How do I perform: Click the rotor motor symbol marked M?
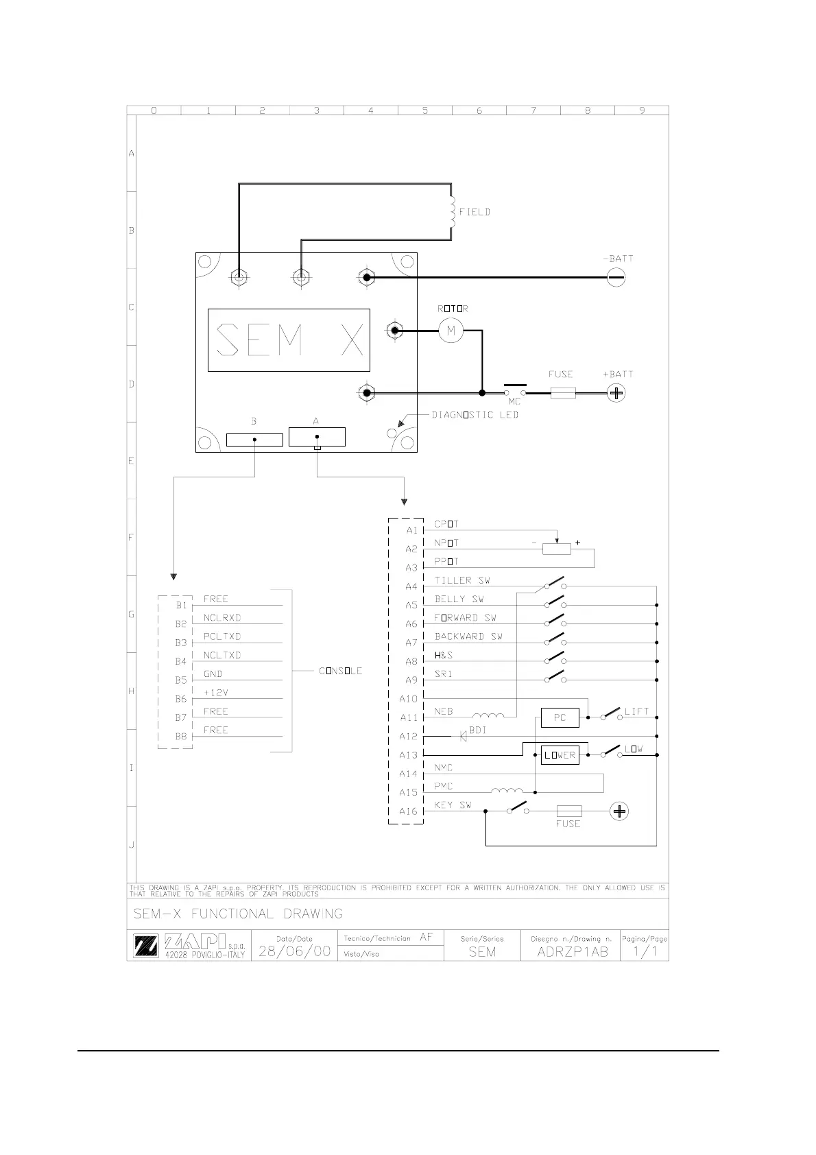(x=451, y=331)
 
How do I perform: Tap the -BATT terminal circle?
(x=616, y=277)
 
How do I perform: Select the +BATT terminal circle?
(x=616, y=393)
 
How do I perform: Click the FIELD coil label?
(x=475, y=212)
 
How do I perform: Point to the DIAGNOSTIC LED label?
(x=475, y=415)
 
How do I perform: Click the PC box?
(x=560, y=717)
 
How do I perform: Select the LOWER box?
(x=560, y=755)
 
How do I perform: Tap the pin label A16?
(x=408, y=811)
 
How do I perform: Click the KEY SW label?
(x=453, y=805)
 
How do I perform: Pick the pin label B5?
(x=180, y=680)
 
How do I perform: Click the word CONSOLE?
(x=340, y=671)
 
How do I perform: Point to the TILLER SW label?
(x=462, y=580)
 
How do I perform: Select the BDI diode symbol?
(x=463, y=736)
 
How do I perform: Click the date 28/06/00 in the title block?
(x=294, y=951)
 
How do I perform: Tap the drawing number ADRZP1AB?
(x=573, y=952)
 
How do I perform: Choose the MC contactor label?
(x=514, y=402)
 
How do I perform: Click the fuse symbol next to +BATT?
(x=563, y=393)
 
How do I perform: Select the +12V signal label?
(x=216, y=693)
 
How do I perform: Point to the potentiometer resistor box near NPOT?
(x=556, y=549)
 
